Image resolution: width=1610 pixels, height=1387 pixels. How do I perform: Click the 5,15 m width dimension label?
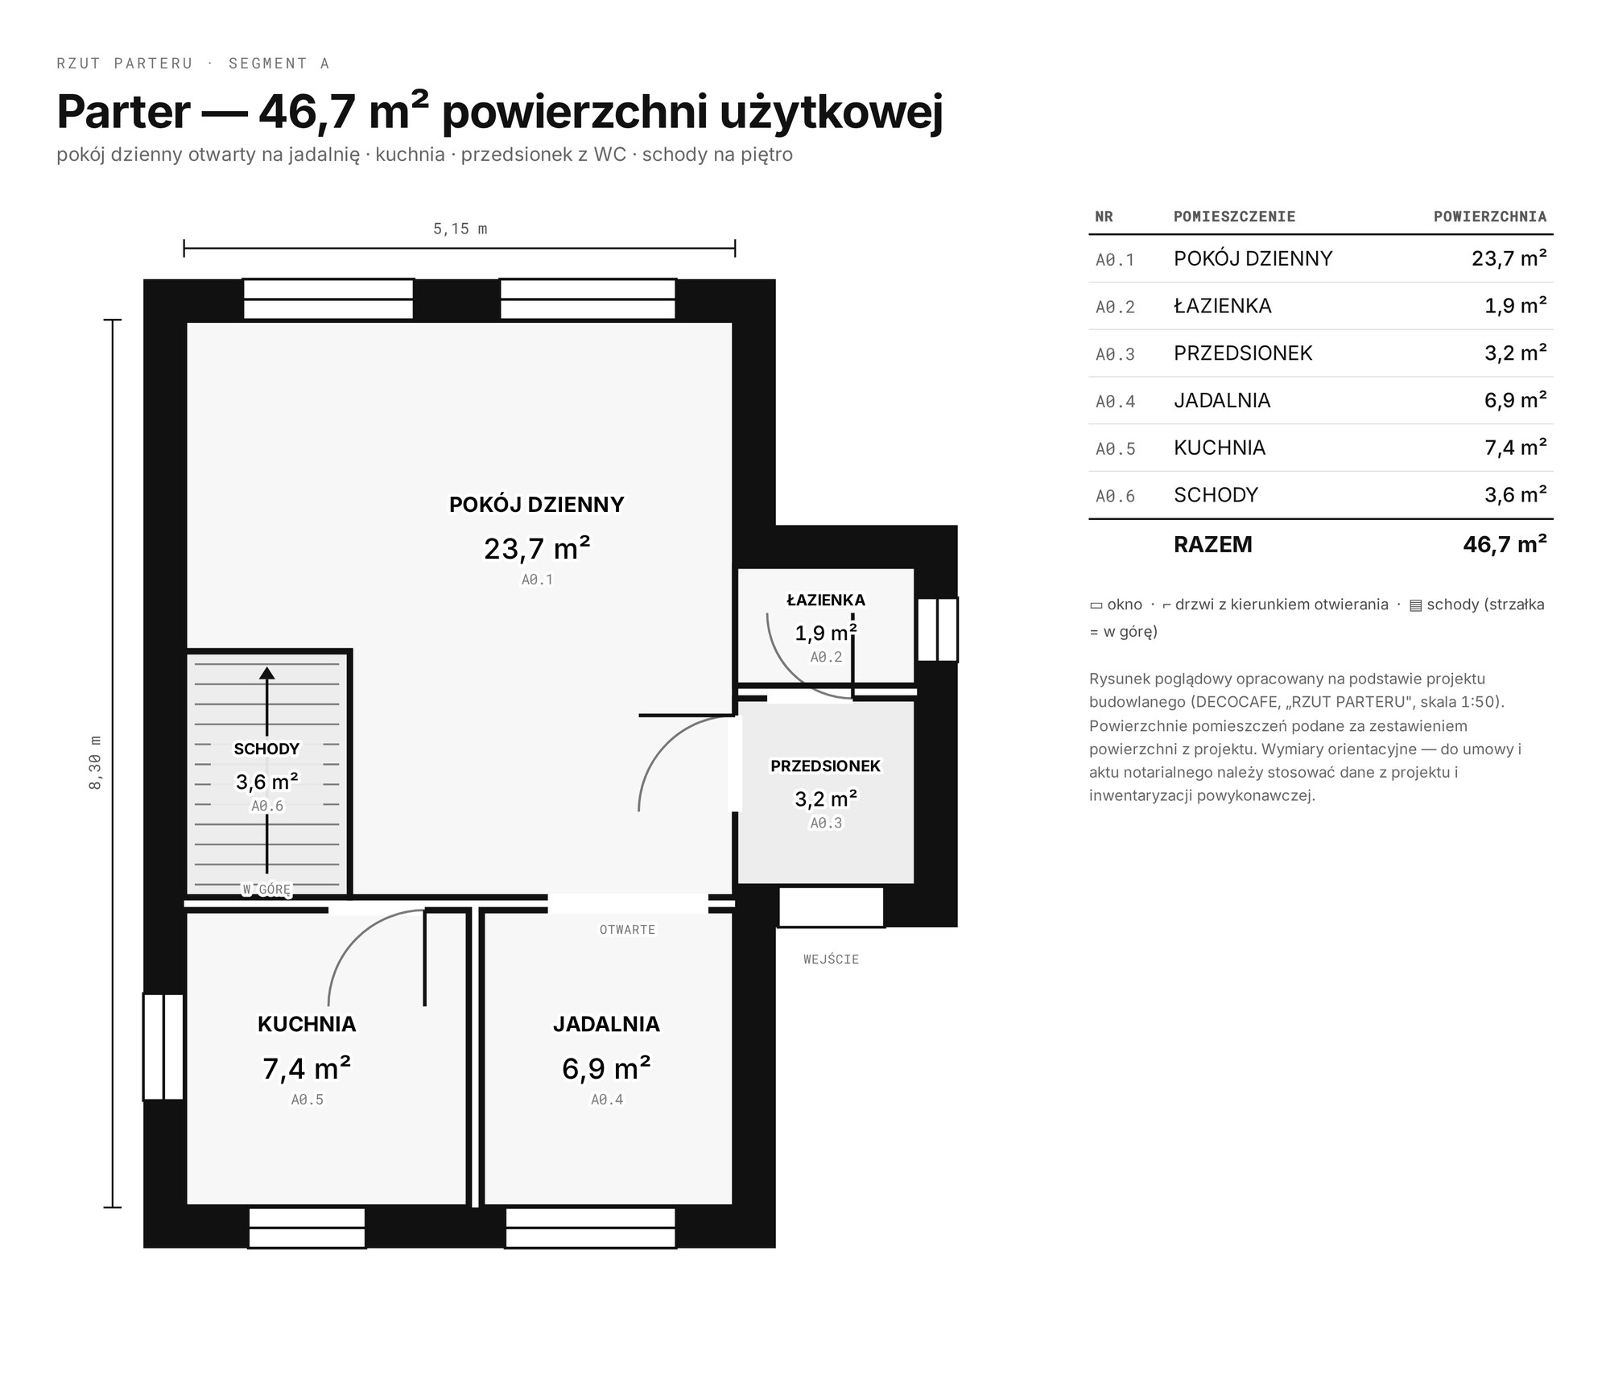460,229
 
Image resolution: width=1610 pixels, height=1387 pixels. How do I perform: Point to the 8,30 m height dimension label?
95,762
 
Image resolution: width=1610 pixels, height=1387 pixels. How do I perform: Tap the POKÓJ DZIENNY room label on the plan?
536,505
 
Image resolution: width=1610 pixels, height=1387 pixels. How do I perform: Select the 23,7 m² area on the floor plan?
537,548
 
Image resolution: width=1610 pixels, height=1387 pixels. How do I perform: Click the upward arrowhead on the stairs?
266,673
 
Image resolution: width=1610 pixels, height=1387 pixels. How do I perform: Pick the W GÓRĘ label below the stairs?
266,890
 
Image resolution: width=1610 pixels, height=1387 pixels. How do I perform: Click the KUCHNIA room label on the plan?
307,1024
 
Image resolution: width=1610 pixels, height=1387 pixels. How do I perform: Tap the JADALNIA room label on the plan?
606,1024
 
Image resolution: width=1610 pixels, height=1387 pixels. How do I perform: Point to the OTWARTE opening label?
627,930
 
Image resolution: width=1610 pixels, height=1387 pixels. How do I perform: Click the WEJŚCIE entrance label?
831,960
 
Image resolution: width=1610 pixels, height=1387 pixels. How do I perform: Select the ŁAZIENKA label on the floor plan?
826,600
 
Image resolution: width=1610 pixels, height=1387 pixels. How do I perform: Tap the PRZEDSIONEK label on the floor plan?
826,766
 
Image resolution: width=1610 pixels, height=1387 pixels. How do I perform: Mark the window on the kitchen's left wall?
164,1046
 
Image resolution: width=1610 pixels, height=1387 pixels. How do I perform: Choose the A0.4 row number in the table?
1115,402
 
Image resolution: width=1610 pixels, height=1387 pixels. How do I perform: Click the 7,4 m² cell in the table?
1516,448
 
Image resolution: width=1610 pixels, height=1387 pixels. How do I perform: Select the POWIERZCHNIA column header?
1490,217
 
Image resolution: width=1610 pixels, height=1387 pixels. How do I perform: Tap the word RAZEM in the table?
1213,544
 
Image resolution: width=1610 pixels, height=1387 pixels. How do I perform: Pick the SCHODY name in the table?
1216,495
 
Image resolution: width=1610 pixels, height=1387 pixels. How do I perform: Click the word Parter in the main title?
123,112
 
